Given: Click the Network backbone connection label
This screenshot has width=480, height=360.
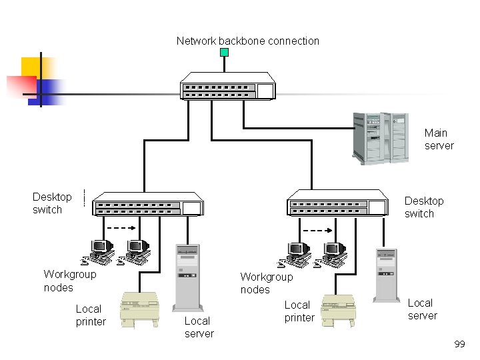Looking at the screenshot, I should [x=248, y=41].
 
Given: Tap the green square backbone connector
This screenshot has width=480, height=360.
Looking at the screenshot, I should [x=225, y=52].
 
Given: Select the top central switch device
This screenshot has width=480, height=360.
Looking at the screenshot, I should [x=227, y=86].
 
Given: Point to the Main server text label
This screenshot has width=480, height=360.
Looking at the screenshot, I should [x=439, y=139].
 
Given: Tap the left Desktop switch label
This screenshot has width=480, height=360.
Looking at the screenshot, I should [x=52, y=203].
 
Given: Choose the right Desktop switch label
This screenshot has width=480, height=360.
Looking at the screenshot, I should [x=423, y=207].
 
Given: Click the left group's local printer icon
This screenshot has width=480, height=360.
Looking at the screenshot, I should [x=140, y=310].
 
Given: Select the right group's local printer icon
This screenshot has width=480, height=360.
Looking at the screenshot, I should [x=339, y=310].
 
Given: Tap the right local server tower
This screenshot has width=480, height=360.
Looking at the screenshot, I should [x=385, y=275].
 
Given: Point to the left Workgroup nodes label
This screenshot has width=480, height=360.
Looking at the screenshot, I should [x=69, y=281].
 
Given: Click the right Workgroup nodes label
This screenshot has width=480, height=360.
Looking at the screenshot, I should [x=266, y=283].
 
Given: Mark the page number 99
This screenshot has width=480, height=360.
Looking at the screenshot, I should [x=459, y=344].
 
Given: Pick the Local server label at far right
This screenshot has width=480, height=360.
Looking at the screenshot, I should [x=423, y=309].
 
